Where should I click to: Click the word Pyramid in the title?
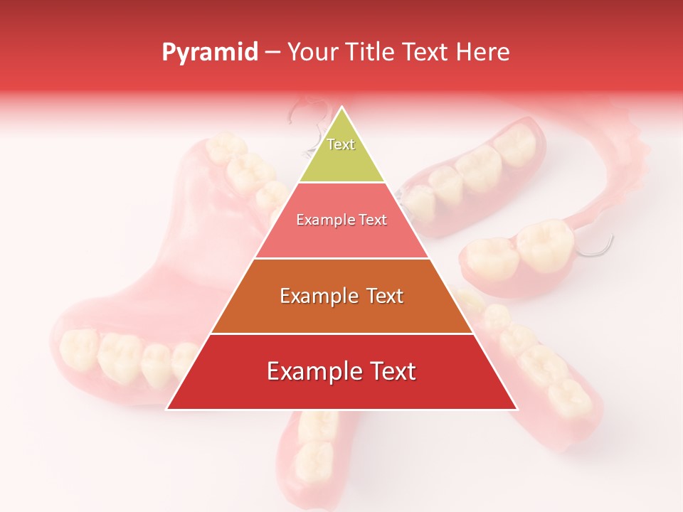[x=209, y=53]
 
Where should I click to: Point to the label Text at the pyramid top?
[x=341, y=144]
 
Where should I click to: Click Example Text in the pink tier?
[x=341, y=220]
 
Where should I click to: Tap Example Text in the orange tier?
[x=341, y=296]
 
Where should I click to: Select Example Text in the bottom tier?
[x=341, y=371]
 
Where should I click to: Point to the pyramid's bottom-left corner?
[x=167, y=410]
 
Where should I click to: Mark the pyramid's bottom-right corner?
[x=517, y=410]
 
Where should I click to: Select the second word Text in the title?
[x=425, y=52]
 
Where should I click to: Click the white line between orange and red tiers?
[x=341, y=334]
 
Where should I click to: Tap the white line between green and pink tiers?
[x=341, y=182]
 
